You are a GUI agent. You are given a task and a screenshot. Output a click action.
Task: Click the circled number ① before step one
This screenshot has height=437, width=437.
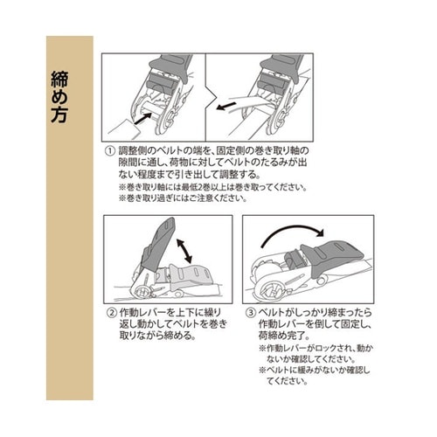coord(110,150)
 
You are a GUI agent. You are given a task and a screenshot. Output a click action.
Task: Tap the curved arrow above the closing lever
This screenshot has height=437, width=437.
coord(294,230)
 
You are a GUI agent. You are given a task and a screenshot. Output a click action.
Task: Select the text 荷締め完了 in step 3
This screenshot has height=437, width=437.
coord(282,335)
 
